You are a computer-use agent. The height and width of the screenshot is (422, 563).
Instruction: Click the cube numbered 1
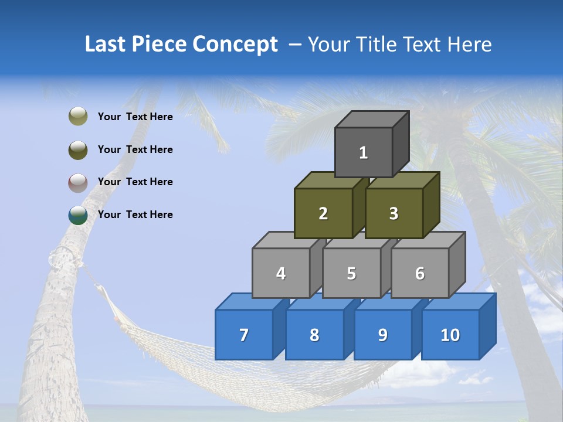coord(364,152)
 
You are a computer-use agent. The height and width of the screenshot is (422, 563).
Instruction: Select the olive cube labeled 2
coord(323,213)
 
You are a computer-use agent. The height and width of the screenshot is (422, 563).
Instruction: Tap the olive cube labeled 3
coord(394,213)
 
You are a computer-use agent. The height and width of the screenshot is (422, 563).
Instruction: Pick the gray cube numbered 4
coord(281,273)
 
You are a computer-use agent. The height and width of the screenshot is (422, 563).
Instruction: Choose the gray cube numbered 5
coord(351,273)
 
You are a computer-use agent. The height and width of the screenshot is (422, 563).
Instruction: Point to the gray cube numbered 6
coord(420,273)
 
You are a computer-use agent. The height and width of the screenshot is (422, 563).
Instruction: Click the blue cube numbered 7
coord(244,335)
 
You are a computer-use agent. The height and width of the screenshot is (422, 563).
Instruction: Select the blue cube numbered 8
coord(314,335)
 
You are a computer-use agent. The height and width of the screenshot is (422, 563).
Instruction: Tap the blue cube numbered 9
coord(382,335)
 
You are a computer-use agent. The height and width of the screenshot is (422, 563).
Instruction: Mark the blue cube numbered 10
coord(450,335)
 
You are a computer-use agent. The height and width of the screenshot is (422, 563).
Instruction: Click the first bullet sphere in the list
coord(78,117)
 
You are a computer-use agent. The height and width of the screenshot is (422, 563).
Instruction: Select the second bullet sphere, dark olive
coord(78,149)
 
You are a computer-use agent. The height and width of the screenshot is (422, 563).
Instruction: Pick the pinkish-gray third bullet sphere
coord(78,182)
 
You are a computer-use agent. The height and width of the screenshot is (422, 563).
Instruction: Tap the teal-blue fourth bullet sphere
coord(78,215)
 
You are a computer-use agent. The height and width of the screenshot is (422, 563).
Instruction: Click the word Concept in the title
coord(235,45)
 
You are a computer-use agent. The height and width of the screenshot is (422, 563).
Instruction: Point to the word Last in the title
coord(106,45)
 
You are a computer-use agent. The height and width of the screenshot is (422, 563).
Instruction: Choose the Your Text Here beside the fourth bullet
coord(135,215)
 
